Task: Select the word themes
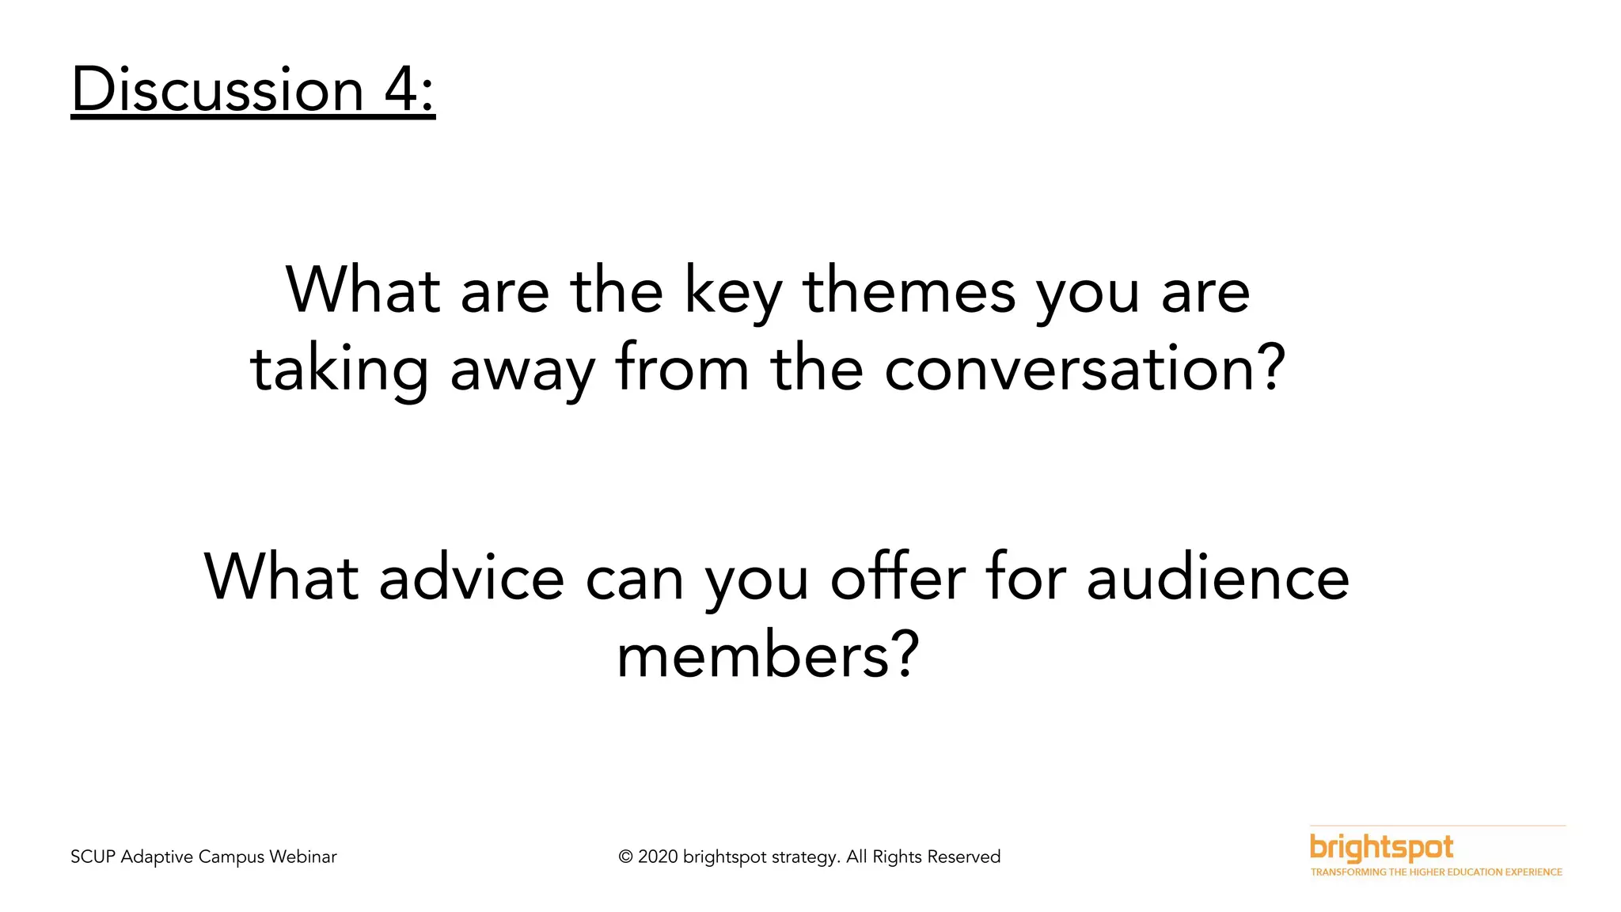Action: pyautogui.click(x=909, y=291)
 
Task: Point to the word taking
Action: pyautogui.click(x=339, y=370)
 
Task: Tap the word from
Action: pyautogui.click(x=682, y=369)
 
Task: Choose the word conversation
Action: pyautogui.click(x=1070, y=370)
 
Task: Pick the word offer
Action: pyautogui.click(x=898, y=578)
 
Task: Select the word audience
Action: pyautogui.click(x=1217, y=578)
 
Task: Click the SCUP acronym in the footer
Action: pyautogui.click(x=93, y=857)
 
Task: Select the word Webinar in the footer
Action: pyautogui.click(x=302, y=857)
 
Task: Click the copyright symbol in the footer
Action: pyautogui.click(x=626, y=857)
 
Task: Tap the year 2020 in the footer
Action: pyautogui.click(x=658, y=857)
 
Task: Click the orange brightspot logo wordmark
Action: pyautogui.click(x=1381, y=848)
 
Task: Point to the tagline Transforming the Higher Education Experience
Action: pyautogui.click(x=1436, y=872)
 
